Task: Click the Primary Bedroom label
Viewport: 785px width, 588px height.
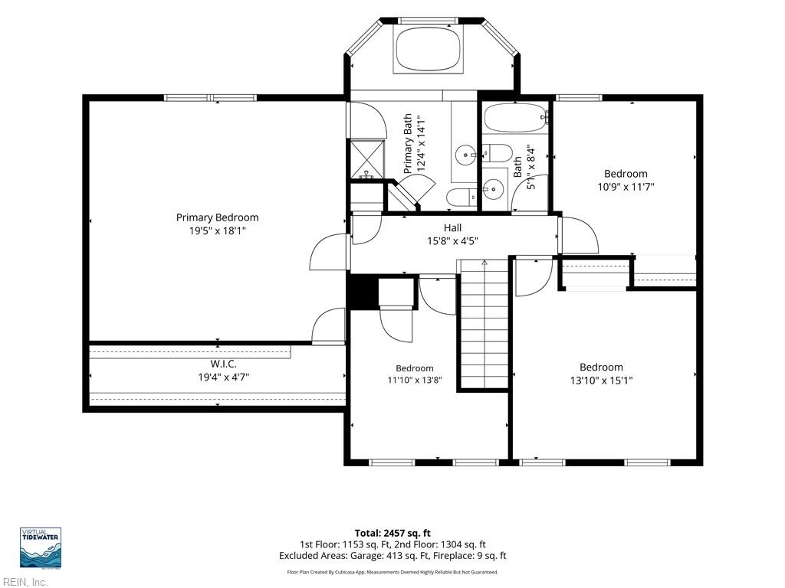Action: (x=217, y=217)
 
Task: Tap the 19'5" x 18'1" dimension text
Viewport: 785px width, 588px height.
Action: (x=217, y=231)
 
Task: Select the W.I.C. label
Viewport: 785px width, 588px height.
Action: (x=223, y=364)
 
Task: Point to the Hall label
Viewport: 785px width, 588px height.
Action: (x=452, y=227)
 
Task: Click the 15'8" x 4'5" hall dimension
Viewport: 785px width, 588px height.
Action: (x=452, y=241)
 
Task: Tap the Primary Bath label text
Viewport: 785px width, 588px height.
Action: (x=408, y=143)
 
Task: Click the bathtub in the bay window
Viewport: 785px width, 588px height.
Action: (x=428, y=49)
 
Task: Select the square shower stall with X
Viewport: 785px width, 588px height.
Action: (x=367, y=159)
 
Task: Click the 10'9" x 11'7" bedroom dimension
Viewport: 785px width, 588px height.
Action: (x=626, y=187)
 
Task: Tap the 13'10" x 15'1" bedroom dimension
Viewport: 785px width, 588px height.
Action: (x=601, y=381)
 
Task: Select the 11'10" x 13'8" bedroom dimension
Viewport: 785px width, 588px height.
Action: (x=415, y=380)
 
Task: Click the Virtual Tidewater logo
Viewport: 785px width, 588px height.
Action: (x=41, y=547)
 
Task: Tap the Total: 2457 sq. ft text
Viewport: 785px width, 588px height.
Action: (x=392, y=533)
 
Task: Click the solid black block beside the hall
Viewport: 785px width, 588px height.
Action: (x=363, y=292)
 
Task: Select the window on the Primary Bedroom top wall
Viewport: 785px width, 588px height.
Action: (x=210, y=98)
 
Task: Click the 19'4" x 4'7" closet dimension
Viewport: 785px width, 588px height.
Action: (x=223, y=377)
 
